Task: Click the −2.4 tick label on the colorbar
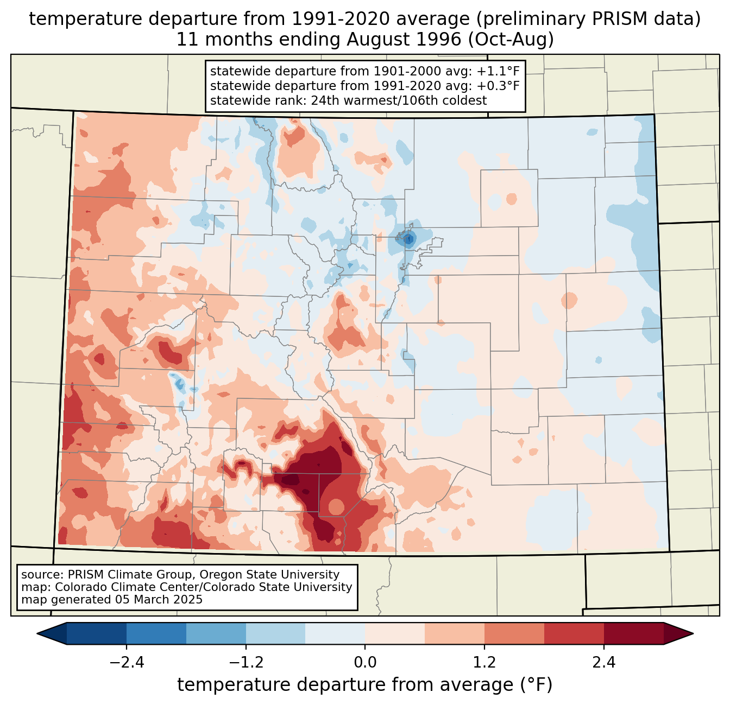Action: [x=126, y=663]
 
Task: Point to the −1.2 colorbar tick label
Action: [x=246, y=663]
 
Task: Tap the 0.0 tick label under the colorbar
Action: [x=365, y=663]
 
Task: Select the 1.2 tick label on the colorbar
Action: [x=484, y=663]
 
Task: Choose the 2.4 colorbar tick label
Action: [x=604, y=663]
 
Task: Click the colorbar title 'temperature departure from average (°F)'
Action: [x=365, y=685]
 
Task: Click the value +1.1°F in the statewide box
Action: [x=498, y=72]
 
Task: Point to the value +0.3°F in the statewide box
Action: [x=498, y=86]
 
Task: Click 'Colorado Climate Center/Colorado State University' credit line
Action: [x=204, y=587]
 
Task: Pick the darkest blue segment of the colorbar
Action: [x=97, y=633]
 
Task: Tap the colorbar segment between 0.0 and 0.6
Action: [x=395, y=633]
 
